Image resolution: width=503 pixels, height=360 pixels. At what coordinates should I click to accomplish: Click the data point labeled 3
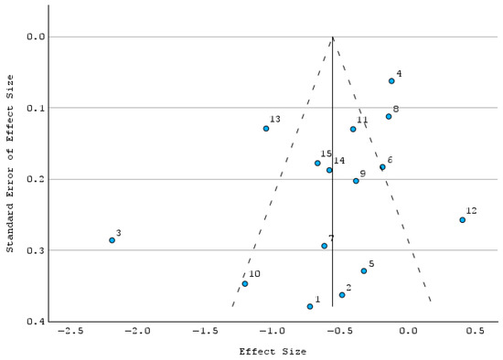(x=112, y=240)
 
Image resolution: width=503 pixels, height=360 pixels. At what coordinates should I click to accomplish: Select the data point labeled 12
(x=462, y=220)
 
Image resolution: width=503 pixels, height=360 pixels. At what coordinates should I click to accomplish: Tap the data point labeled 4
(x=391, y=81)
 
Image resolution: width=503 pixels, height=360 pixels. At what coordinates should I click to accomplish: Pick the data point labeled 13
(x=266, y=129)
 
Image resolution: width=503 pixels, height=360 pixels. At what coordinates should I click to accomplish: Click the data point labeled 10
(x=245, y=283)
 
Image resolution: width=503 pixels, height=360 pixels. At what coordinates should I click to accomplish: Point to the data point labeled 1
(x=310, y=306)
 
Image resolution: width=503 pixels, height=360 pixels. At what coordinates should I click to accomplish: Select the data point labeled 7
(x=325, y=246)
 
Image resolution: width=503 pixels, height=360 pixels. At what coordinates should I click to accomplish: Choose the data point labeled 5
(x=364, y=270)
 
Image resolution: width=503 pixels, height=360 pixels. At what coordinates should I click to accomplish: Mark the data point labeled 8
(x=389, y=116)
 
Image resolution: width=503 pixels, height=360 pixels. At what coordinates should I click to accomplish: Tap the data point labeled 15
(x=317, y=164)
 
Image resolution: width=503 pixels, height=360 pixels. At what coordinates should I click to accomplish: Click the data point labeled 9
(x=356, y=181)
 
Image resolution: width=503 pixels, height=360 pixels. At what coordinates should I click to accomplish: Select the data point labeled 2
(x=342, y=295)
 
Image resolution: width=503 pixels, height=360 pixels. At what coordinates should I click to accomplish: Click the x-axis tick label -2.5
(x=70, y=331)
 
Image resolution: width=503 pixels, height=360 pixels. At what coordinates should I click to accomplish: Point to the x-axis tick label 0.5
(x=475, y=331)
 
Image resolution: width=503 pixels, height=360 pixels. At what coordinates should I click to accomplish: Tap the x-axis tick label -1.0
(x=272, y=331)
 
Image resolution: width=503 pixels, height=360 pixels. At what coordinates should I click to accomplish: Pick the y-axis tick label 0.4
(x=36, y=322)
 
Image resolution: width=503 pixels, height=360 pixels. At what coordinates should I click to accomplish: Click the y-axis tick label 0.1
(x=36, y=108)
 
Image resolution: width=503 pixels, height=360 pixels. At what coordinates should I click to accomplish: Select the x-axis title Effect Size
(x=273, y=352)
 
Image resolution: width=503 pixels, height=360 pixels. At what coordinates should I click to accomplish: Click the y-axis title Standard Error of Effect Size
(x=10, y=164)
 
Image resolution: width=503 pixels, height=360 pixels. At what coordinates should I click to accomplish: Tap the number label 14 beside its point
(x=339, y=160)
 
